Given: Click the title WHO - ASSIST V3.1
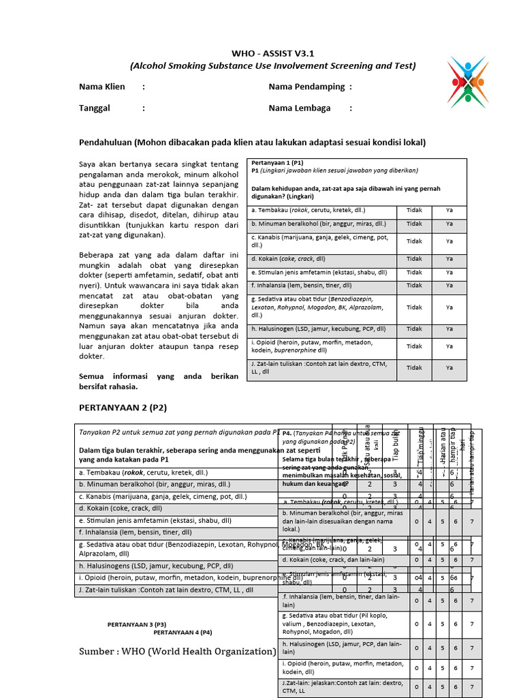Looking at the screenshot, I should point(272,52).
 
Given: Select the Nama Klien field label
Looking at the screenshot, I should point(101,87).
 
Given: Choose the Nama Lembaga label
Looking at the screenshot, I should point(300,108).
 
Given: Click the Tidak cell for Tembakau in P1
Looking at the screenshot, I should point(414,211).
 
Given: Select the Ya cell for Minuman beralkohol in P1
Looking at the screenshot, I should point(449,224).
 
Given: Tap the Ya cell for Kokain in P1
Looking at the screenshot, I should point(449,259).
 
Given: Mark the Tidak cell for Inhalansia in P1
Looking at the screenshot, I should point(414,286).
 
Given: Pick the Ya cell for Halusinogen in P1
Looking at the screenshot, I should point(449,329).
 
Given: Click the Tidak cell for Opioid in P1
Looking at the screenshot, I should point(414,346).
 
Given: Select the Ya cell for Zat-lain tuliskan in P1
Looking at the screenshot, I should point(449,367).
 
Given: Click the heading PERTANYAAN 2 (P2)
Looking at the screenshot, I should point(123,408).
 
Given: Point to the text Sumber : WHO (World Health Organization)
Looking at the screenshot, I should point(177,652).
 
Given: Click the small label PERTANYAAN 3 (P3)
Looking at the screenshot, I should point(137,624).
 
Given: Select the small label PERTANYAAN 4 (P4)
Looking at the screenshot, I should point(183,632).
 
